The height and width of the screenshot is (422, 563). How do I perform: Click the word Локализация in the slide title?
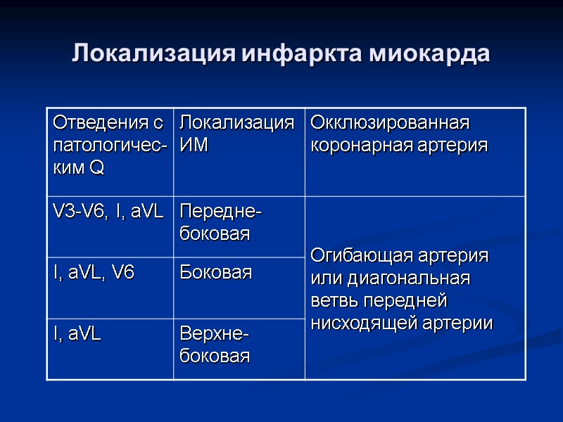(155, 53)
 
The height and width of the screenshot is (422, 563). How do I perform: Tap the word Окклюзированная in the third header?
(390, 123)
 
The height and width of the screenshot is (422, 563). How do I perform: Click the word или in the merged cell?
(324, 278)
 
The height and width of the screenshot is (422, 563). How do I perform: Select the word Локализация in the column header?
(237, 123)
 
